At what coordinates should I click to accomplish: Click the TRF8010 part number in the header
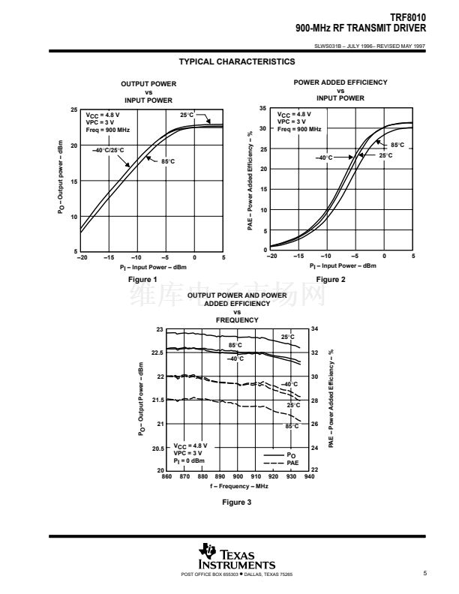(x=409, y=13)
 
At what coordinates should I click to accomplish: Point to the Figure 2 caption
(x=331, y=279)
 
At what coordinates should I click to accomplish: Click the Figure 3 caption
(x=238, y=502)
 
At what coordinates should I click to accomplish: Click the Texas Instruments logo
(x=237, y=557)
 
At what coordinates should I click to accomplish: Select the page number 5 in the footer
(x=424, y=574)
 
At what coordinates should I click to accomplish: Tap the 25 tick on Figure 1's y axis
(x=73, y=110)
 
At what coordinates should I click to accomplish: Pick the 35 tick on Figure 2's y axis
(x=262, y=109)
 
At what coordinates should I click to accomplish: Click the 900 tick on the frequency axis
(x=238, y=476)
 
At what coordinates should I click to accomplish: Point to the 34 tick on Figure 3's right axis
(x=314, y=329)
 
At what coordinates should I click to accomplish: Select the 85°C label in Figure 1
(x=168, y=161)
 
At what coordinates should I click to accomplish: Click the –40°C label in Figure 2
(x=325, y=157)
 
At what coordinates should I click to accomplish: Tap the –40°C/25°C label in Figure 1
(x=108, y=150)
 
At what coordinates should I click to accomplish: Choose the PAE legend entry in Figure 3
(x=292, y=462)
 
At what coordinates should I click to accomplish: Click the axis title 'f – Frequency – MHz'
(x=238, y=486)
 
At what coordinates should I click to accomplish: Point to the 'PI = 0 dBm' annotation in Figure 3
(x=187, y=461)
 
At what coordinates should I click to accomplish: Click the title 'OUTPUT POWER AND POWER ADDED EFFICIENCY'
(x=237, y=299)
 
